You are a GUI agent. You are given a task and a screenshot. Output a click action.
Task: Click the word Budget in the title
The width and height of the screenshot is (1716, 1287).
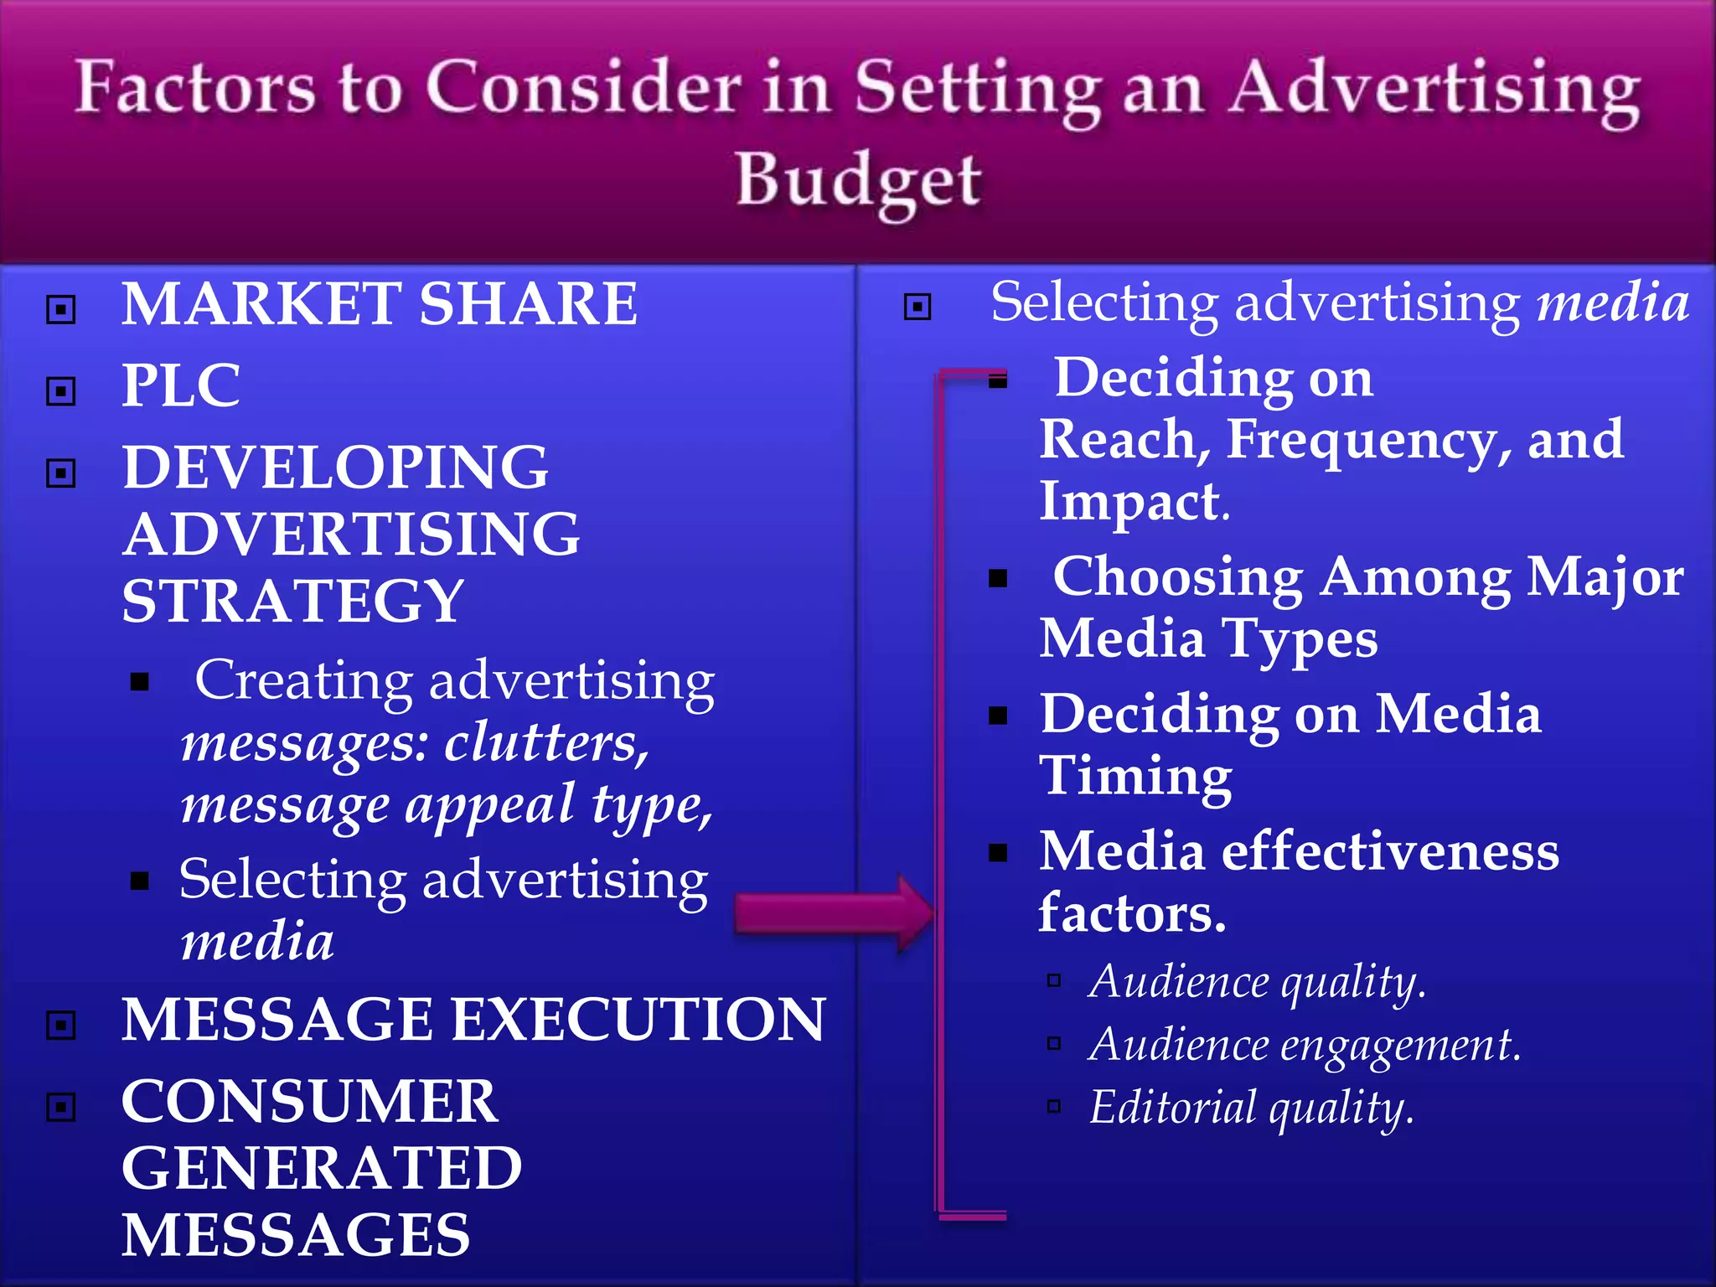tap(858, 181)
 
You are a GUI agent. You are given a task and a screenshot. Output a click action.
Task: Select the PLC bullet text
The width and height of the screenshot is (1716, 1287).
tap(181, 386)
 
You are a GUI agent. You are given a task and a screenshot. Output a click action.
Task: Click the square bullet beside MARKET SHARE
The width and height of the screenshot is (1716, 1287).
tap(61, 309)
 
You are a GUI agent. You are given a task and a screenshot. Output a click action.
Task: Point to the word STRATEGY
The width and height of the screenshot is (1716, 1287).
tap(292, 602)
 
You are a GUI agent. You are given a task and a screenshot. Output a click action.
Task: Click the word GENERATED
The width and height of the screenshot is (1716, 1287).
tap(322, 1169)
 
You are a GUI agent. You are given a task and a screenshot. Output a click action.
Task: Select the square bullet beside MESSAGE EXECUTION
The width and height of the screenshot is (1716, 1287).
tap(61, 1025)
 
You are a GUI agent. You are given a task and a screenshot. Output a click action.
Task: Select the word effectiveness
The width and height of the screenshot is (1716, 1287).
tap(1390, 851)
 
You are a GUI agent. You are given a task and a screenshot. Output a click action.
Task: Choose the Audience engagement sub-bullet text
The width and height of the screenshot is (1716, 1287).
tap(1304, 1045)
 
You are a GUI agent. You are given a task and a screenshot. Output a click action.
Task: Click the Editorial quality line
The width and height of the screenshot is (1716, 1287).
tap(1252, 1108)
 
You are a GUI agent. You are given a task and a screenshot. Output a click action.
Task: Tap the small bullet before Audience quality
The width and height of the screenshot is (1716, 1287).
tap(1054, 980)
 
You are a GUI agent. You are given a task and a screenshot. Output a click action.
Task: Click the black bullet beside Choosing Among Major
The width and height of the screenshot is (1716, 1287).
tap(997, 578)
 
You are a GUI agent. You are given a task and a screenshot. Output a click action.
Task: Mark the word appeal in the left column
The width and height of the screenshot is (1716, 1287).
tap(490, 804)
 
